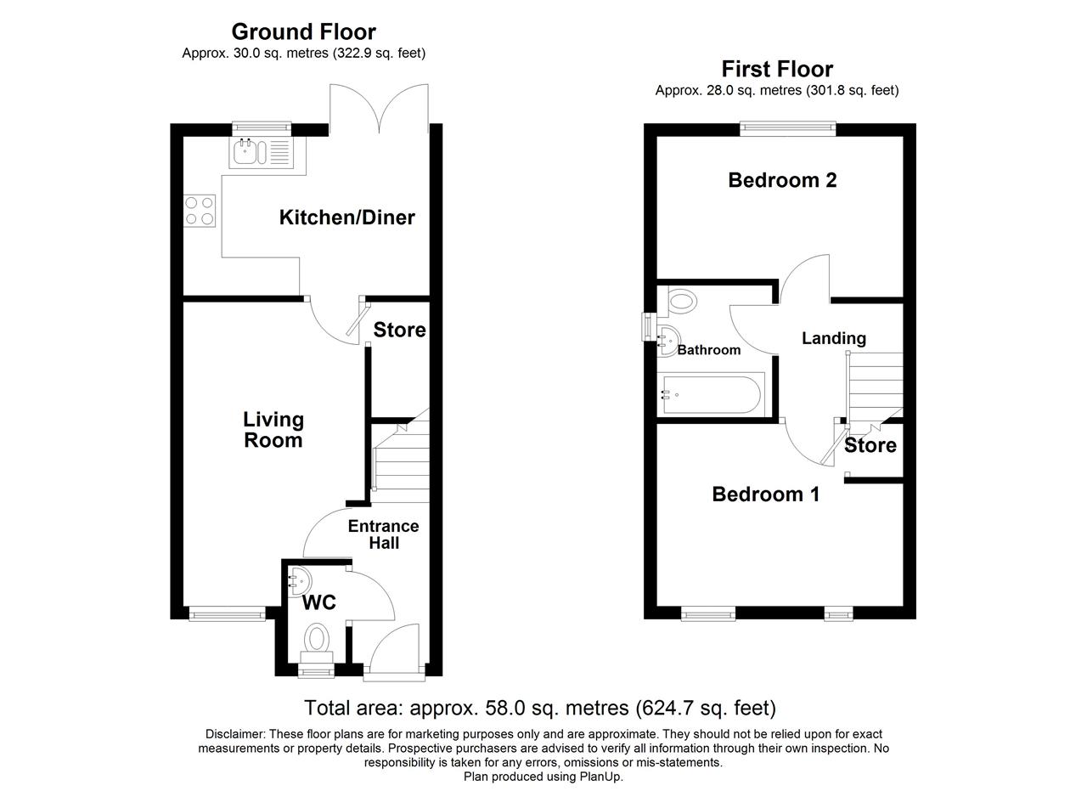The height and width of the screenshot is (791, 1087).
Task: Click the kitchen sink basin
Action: click(x=245, y=152)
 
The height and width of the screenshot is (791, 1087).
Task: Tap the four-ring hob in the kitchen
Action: click(x=200, y=212)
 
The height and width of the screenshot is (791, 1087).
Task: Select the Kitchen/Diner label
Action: click(x=347, y=218)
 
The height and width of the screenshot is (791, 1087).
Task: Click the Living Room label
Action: click(x=273, y=430)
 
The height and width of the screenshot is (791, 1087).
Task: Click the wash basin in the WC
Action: click(x=300, y=581)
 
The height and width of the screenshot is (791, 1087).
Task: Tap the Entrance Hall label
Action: click(x=383, y=534)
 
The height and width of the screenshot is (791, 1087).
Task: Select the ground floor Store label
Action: click(x=399, y=331)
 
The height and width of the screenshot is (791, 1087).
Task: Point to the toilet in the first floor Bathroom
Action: click(x=680, y=301)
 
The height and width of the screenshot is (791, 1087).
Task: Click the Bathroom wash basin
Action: click(x=668, y=341)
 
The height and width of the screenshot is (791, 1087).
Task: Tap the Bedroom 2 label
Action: click(x=782, y=181)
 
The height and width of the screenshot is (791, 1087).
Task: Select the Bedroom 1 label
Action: click(x=766, y=494)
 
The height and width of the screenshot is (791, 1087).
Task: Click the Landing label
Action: click(x=834, y=338)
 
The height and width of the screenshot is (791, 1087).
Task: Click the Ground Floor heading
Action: click(x=304, y=32)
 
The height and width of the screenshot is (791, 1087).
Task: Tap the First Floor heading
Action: click(x=777, y=69)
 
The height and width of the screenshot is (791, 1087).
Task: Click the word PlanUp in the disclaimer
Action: click(x=600, y=776)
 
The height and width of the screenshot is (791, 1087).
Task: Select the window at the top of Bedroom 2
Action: click(x=788, y=128)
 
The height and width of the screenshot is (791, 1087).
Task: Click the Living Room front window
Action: click(x=227, y=613)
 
